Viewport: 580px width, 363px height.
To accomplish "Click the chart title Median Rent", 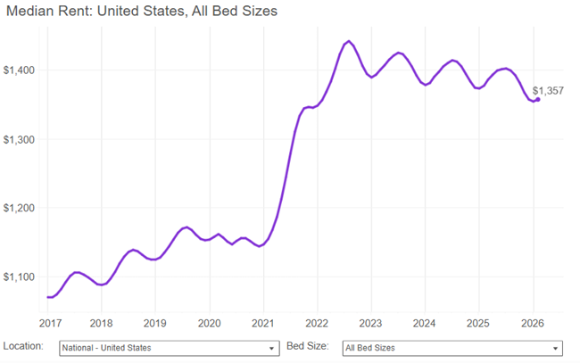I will pos(142,12).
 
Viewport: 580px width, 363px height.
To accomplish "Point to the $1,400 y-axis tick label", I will pos(21,70).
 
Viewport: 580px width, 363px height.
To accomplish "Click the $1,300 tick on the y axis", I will pos(21,139).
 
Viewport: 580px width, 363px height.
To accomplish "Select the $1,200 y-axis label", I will pos(21,208).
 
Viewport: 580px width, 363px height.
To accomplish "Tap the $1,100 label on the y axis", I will pos(21,277).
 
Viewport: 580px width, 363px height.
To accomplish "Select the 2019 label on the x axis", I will pos(155,323).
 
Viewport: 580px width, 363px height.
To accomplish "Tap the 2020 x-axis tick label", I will pos(209,323).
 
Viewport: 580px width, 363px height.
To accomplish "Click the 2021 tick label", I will pos(262,323).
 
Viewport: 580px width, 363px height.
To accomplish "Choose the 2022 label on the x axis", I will pos(317,323).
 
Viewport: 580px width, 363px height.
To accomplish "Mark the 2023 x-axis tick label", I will pos(370,323).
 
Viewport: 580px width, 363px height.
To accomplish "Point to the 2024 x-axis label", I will pos(425,323).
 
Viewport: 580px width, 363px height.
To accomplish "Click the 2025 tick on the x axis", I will pos(478,323).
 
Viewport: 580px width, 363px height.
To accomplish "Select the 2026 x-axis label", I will pos(532,323).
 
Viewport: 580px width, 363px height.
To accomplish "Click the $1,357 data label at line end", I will pos(548,91).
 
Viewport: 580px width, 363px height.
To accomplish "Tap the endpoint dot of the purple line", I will pos(537,99).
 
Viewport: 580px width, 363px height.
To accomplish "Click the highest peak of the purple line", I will pos(348,41).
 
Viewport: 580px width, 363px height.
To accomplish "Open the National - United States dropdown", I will pos(169,348).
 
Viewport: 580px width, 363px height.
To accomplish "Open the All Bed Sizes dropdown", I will pos(452,348).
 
